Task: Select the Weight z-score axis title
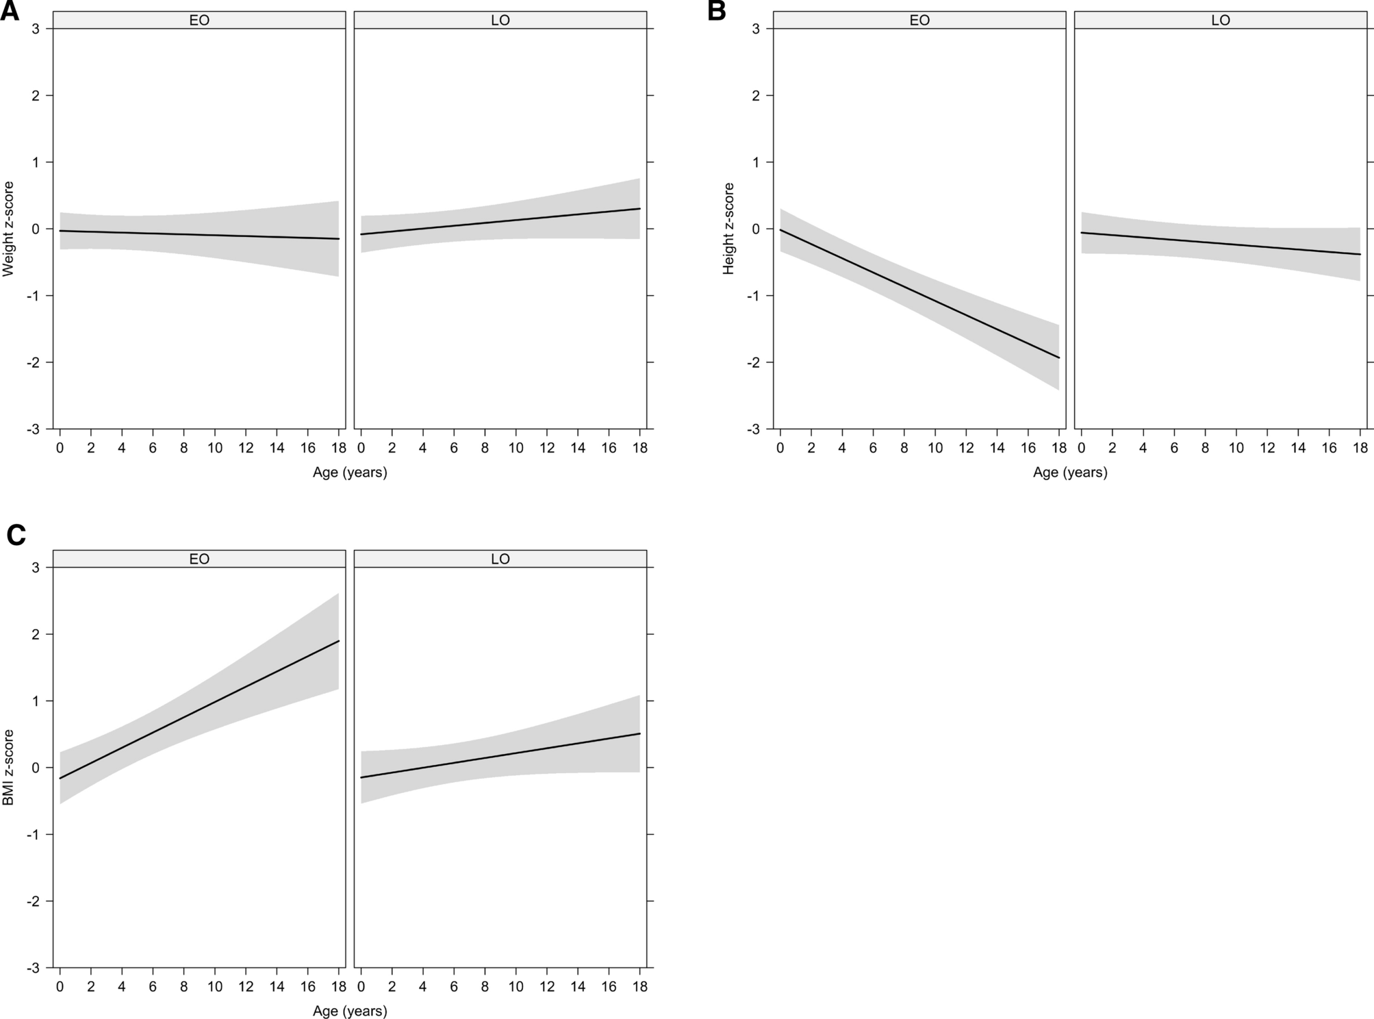coord(8,229)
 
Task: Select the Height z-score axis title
coord(728,229)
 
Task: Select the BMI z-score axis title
coord(8,767)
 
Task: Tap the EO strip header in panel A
coord(199,21)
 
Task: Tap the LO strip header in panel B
coord(1221,21)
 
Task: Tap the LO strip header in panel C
coord(500,559)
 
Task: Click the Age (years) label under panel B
coord(1070,473)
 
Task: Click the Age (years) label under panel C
coord(350,1011)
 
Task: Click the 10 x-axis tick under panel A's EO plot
coord(215,448)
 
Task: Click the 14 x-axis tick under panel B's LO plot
coord(1298,448)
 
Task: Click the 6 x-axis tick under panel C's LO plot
coord(454,986)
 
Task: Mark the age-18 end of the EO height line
coord(1059,357)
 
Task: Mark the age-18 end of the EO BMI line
coord(339,641)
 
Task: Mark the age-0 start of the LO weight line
coord(361,234)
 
